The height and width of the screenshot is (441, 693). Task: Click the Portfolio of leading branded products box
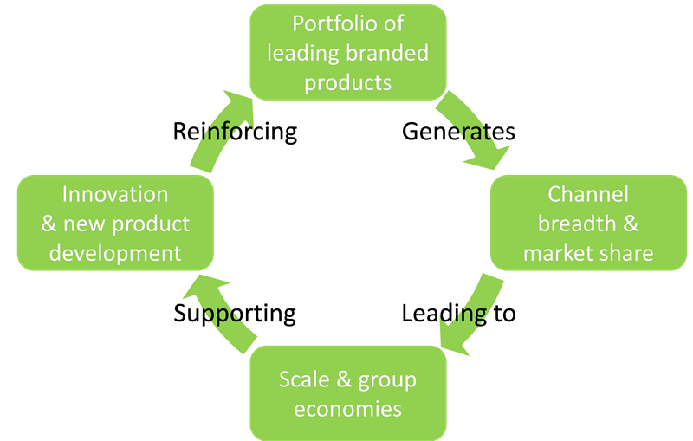click(348, 52)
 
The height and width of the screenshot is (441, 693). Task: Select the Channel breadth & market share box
click(588, 223)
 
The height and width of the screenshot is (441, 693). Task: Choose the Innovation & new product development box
click(115, 223)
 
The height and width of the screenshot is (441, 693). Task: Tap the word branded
click(386, 53)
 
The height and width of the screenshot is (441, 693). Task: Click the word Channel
click(588, 194)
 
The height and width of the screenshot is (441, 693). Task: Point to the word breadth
click(578, 224)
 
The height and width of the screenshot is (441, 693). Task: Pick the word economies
click(348, 408)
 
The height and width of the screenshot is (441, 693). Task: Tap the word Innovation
click(115, 194)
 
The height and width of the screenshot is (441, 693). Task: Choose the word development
click(115, 253)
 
